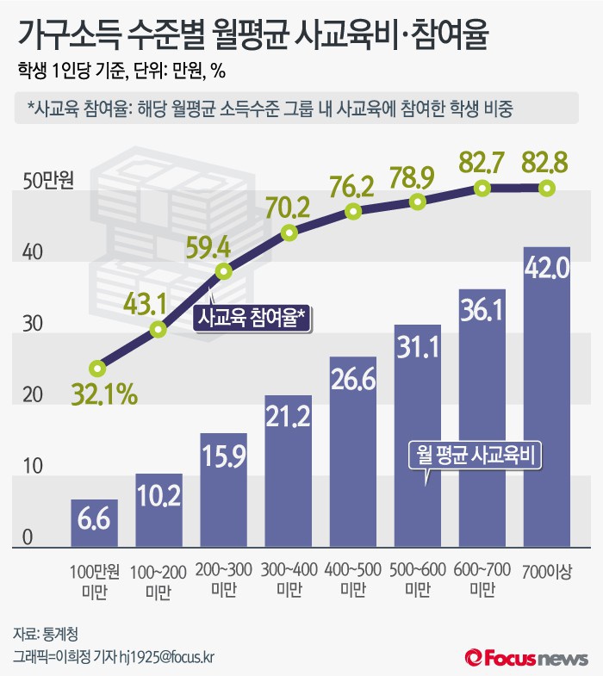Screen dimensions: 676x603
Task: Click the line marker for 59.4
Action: pos(224,271)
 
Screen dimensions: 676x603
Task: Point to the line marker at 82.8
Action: pos(546,188)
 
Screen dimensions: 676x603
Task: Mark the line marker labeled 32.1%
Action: pos(97,368)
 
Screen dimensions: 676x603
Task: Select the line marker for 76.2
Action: pos(353,211)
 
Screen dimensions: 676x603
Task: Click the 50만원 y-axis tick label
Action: pos(50,182)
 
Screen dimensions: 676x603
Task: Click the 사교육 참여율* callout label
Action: pos(252,318)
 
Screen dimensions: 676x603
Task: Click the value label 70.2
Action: pos(290,208)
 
